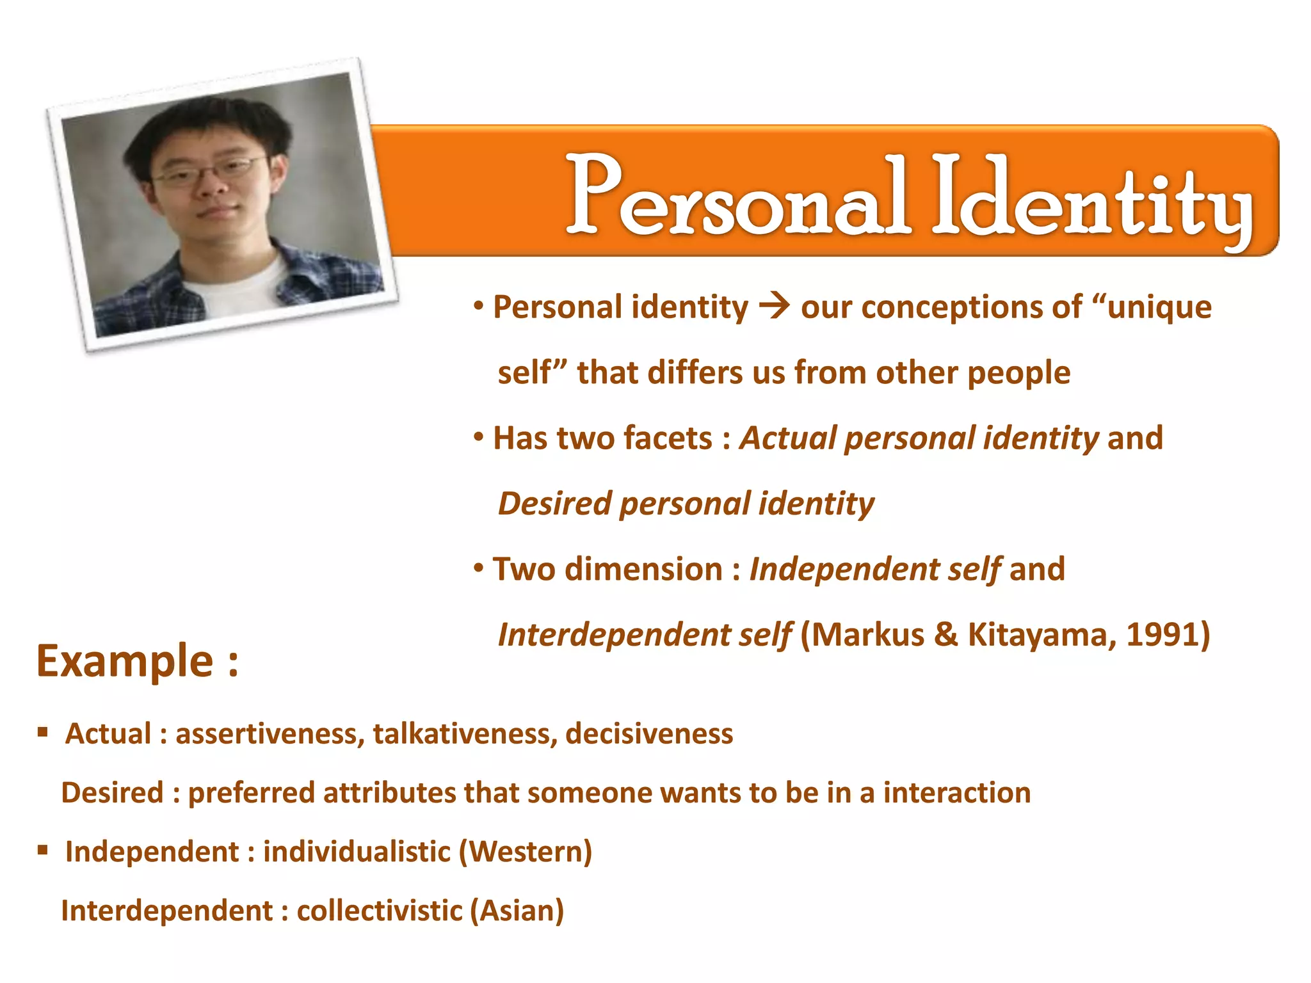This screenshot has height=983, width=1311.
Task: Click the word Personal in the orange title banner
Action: click(x=736, y=195)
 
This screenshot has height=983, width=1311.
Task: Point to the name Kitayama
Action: click(x=1041, y=635)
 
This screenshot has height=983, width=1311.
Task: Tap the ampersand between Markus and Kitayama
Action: click(x=946, y=635)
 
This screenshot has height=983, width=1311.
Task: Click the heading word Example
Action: click(x=125, y=660)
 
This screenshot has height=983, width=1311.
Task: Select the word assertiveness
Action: click(x=269, y=733)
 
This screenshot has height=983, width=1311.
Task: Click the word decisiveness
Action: click(x=649, y=733)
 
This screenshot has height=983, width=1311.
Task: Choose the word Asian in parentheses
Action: click(x=517, y=911)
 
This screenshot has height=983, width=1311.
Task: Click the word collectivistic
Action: click(x=379, y=911)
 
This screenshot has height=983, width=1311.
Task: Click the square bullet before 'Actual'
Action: click(x=43, y=731)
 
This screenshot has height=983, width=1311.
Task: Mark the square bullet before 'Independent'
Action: click(x=43, y=850)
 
